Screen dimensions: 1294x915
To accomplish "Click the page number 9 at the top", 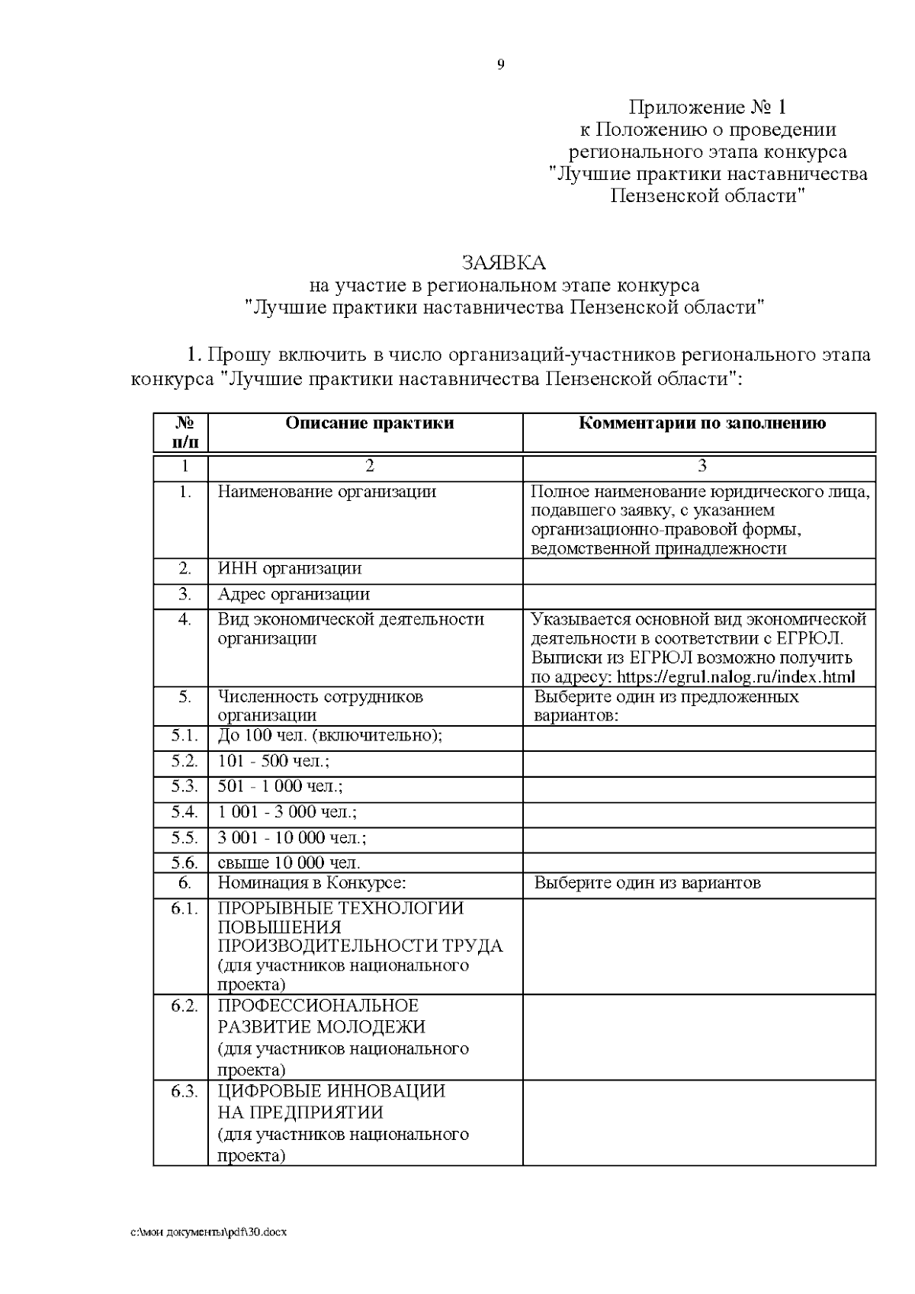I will tap(500, 65).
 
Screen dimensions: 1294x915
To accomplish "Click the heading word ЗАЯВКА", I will tap(504, 263).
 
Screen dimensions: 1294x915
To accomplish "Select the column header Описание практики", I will tap(370, 423).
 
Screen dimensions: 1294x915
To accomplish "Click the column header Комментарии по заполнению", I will tap(702, 423).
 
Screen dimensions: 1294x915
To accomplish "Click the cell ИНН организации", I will tap(290, 569).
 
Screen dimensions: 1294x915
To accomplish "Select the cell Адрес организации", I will tap(294, 594).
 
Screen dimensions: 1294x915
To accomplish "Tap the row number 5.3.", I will tap(185, 786).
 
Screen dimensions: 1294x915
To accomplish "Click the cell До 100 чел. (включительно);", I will tap(330, 736).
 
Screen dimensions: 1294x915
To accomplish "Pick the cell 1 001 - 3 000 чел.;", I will tap(287, 812).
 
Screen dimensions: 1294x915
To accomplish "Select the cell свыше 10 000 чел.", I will tap(289, 863).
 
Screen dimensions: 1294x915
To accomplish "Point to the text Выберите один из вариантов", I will tap(647, 883).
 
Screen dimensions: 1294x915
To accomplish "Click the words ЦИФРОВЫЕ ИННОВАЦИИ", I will tap(332, 1091).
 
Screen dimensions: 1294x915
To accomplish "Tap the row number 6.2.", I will tap(185, 1006).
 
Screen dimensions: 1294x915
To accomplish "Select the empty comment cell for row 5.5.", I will tap(698, 838).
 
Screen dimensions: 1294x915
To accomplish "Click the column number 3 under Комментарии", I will tap(702, 466).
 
